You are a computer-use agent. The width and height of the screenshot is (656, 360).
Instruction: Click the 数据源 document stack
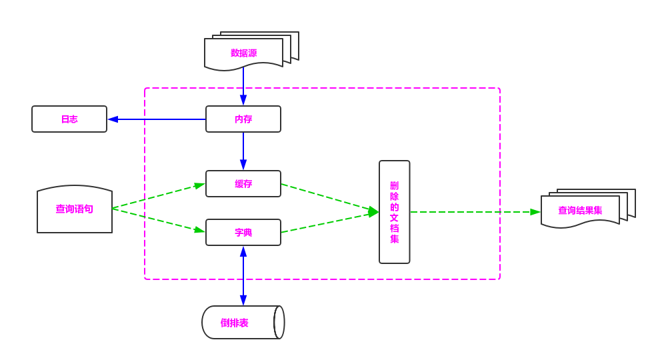click(244, 53)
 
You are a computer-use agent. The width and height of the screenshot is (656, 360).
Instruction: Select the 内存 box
click(243, 119)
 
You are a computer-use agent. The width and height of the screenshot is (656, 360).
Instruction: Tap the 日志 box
click(69, 119)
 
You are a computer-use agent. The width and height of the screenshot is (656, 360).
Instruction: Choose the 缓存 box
click(243, 184)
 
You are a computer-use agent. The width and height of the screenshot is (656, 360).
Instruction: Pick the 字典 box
click(243, 233)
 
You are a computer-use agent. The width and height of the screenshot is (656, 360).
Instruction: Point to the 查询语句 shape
click(75, 209)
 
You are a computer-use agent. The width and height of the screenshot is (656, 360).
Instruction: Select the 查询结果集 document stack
click(580, 211)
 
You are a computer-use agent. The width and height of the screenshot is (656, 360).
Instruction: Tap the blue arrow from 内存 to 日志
click(157, 119)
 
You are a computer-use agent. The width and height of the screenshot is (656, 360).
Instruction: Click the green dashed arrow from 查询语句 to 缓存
click(159, 196)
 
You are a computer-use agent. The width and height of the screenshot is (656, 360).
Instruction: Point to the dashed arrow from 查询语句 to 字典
click(159, 221)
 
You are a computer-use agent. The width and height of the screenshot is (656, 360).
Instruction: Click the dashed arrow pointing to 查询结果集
click(475, 212)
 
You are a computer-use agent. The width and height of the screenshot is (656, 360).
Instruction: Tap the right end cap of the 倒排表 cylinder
click(279, 323)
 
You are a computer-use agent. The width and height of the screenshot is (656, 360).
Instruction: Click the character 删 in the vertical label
click(394, 185)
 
